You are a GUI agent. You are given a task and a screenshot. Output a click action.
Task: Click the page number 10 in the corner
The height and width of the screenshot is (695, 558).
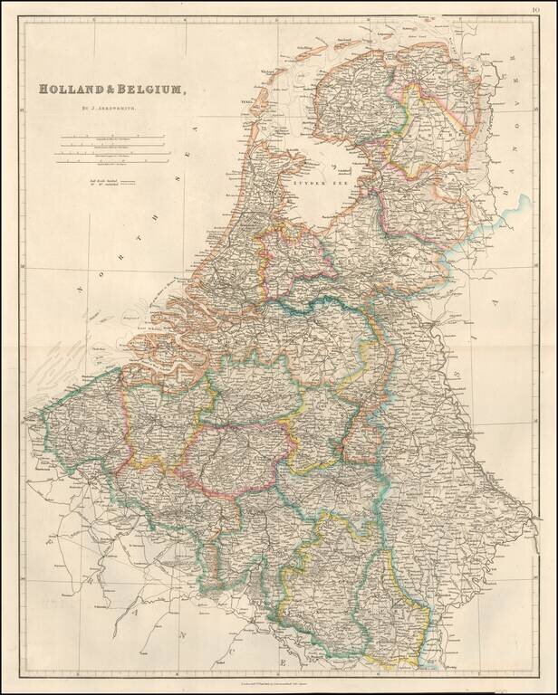549,10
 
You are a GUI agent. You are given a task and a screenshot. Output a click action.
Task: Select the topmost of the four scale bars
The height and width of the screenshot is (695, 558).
113,137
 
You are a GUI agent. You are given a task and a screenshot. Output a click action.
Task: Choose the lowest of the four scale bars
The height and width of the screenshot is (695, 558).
113,163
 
